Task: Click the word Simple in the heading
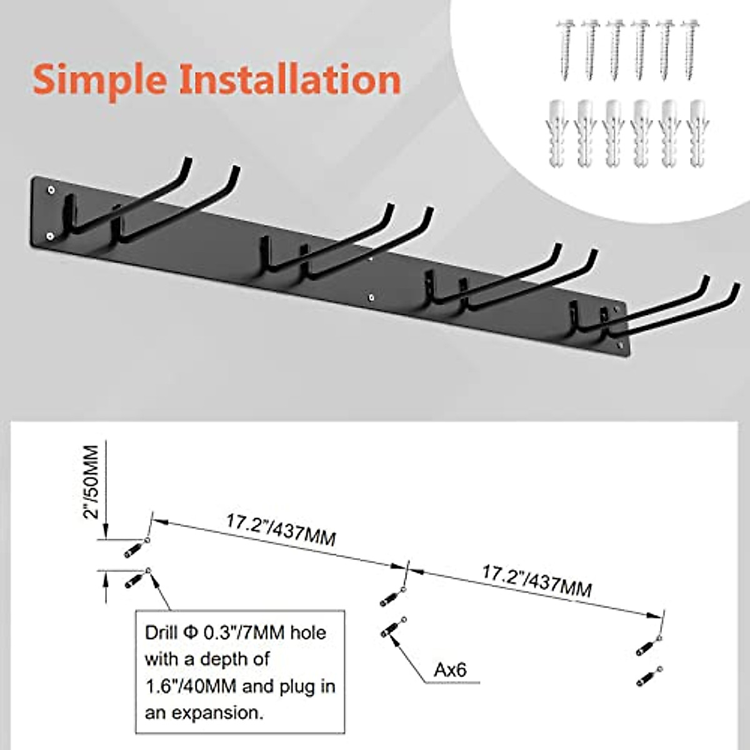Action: click(100, 80)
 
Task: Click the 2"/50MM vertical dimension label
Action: click(91, 481)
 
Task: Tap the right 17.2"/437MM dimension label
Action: click(536, 581)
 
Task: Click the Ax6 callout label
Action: click(451, 670)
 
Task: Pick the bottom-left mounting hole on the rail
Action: click(50, 236)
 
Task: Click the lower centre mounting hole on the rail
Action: click(372, 297)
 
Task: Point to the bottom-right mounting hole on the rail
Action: click(619, 345)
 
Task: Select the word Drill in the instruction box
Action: click(161, 632)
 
